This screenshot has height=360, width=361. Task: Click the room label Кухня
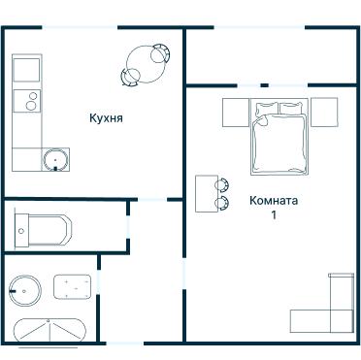pos(106,118)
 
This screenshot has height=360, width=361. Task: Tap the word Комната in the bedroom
pos(274,201)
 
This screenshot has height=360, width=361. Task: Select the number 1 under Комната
pos(274,215)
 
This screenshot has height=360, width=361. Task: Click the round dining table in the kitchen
pos(146,64)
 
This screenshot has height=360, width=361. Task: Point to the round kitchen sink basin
pos(55,159)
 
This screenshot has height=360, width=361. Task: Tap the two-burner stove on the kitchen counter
pos(27,101)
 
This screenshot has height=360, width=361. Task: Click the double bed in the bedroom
pos(279,136)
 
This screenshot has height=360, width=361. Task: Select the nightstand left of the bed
pos(236,113)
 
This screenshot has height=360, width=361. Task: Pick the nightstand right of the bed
pos(324,112)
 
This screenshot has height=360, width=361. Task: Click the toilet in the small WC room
pos(43,231)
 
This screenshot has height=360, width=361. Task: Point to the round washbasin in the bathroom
pos(25,291)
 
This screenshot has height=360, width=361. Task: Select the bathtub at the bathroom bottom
pos(49,330)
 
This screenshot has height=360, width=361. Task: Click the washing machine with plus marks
pos(73,287)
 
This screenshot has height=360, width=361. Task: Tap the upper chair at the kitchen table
pos(161,54)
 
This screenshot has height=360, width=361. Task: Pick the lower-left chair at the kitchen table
pos(130,78)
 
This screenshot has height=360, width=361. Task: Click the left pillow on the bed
pos(267,109)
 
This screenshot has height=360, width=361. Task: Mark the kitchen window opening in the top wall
pos(80,27)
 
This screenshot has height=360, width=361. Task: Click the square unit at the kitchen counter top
pos(26,70)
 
